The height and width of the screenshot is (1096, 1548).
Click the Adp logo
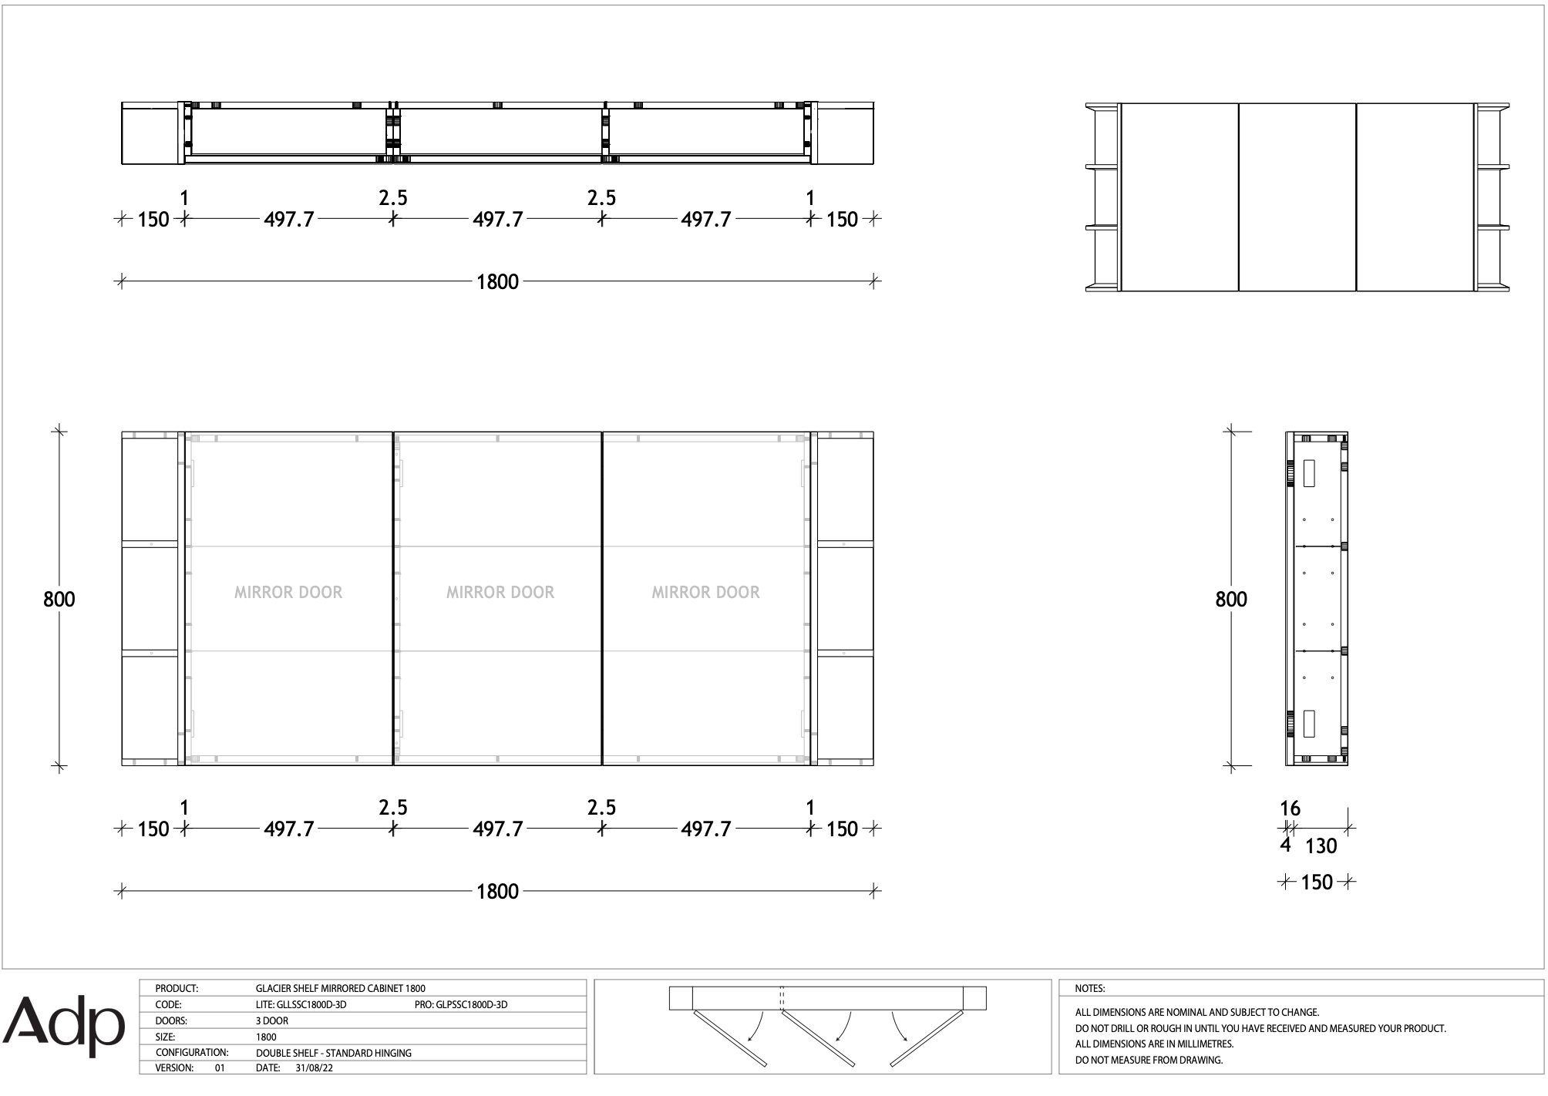pos(64,1027)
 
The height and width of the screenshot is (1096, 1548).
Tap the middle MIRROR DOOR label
pos(500,593)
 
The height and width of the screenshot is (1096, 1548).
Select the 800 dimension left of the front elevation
pos(59,599)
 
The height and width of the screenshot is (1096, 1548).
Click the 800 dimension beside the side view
pos(1231,599)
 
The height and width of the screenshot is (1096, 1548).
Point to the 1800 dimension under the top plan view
pos(497,282)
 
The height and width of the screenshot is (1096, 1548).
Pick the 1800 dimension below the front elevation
pos(497,892)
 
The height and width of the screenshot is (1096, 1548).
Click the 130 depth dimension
pos(1321,846)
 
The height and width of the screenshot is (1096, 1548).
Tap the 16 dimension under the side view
pos(1290,809)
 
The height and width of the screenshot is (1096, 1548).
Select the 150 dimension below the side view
pos(1317,882)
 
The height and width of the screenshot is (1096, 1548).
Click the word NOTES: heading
pos(1089,988)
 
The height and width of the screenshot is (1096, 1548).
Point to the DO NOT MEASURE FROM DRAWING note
pos(1149,1060)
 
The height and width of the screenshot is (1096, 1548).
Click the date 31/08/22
pos(314,1068)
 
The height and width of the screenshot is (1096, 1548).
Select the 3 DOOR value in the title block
pos(272,1020)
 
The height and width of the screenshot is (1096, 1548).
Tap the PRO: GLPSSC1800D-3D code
pos(461,1004)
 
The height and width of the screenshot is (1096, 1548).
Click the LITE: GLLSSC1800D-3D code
pos(301,1004)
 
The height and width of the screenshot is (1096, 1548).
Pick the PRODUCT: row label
pos(177,988)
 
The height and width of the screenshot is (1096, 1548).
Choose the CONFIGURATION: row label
pos(192,1052)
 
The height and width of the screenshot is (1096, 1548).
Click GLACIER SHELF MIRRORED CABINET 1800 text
pos(341,988)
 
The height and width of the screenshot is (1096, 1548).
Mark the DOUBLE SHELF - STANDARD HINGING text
pos(334,1053)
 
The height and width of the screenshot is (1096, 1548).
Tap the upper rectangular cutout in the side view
pos(1309,473)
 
